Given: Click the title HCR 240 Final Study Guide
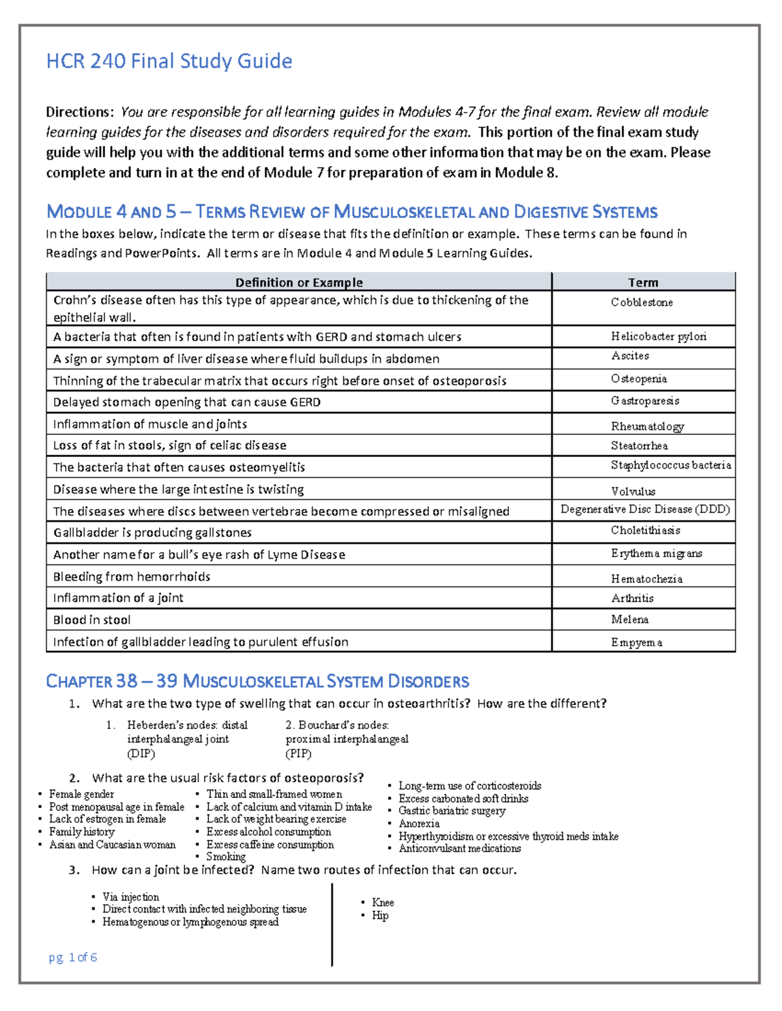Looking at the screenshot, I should (x=169, y=61).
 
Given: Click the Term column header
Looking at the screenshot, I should (x=643, y=283).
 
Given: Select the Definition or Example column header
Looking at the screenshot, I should (x=298, y=283).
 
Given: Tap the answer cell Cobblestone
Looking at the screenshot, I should (x=642, y=302).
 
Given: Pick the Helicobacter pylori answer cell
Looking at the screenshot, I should (x=658, y=336).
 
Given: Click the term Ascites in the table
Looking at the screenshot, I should (x=630, y=356).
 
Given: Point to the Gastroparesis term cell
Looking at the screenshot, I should (x=644, y=401).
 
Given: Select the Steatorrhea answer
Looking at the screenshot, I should (x=639, y=446).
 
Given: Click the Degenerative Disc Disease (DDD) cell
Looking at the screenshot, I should (x=644, y=509).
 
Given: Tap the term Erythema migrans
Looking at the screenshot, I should (x=656, y=553).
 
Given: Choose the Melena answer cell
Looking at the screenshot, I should (x=630, y=620).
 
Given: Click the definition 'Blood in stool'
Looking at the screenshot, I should (x=92, y=620).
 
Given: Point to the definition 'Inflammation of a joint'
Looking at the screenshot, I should (x=118, y=598).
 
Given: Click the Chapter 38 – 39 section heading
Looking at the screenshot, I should (x=257, y=682).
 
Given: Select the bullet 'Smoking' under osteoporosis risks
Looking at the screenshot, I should (x=225, y=857).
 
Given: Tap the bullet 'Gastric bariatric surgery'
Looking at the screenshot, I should (x=452, y=811).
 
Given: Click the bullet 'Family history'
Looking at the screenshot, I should (x=81, y=832).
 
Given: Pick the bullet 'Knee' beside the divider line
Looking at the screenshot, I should (x=383, y=902).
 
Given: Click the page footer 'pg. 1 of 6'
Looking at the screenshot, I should (x=73, y=957).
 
